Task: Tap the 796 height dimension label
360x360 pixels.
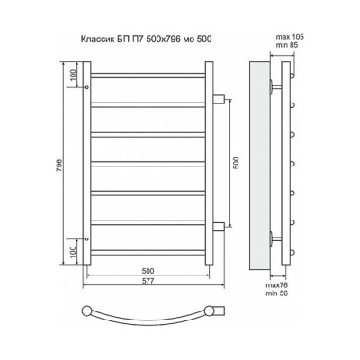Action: [59, 164]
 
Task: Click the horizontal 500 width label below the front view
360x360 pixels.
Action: [148, 271]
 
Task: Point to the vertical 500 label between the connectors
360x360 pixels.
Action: [236, 163]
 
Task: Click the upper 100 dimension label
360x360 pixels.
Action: [73, 75]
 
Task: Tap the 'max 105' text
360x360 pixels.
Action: [290, 37]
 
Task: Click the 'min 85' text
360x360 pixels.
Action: [287, 45]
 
